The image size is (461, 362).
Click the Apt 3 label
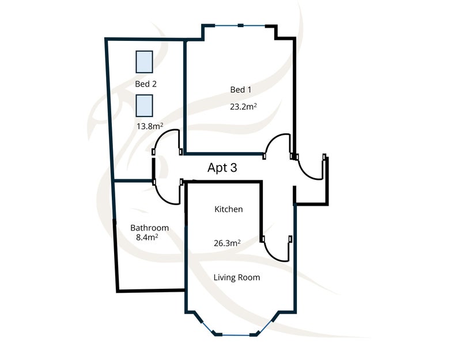(222, 168)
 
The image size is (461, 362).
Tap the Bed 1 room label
(240, 89)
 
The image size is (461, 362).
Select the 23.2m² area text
(243, 107)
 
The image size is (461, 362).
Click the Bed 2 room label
(146, 84)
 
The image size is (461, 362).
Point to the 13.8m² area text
(150, 126)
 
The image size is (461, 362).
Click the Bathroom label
(149, 228)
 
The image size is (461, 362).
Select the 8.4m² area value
(147, 237)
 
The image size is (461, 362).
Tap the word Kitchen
(228, 209)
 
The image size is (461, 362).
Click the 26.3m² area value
(227, 243)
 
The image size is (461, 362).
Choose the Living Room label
(237, 277)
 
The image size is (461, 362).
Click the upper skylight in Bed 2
(144, 62)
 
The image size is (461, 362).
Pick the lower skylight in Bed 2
(144, 105)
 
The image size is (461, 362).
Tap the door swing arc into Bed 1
(272, 139)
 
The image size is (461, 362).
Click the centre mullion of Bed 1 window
(240, 25)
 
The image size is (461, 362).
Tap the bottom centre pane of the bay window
(236, 335)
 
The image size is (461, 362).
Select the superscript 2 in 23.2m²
(255, 104)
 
